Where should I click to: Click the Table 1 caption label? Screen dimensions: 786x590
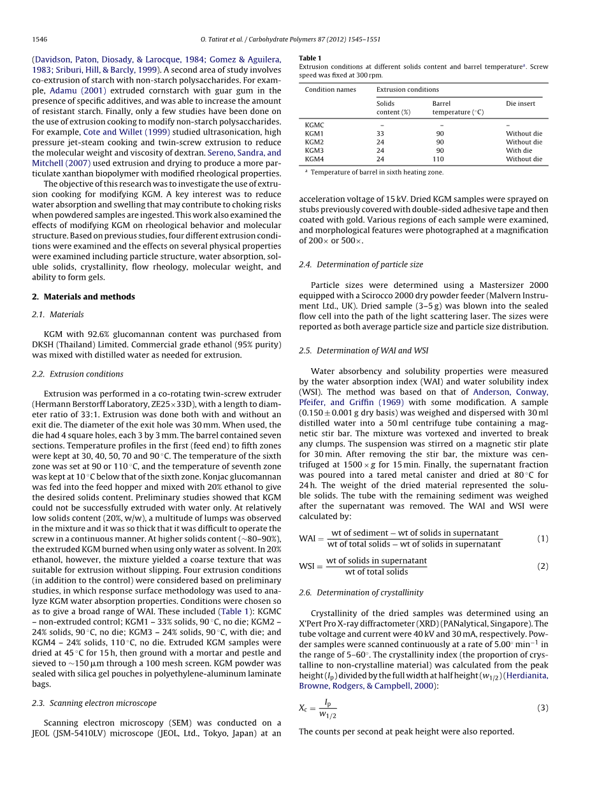coord(310,58)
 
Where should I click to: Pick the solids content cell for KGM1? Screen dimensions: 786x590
coord(380,134)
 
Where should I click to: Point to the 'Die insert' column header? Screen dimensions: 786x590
coord(521,103)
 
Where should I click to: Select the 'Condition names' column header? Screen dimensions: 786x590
coord(330,90)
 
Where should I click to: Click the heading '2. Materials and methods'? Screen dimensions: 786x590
coord(83,297)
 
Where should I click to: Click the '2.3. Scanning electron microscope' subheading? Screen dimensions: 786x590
coord(94,703)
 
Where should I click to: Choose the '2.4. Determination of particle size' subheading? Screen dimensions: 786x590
coord(361,264)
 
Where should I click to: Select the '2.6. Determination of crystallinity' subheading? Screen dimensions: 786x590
coord(361,592)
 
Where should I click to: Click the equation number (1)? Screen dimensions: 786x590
coord(542,539)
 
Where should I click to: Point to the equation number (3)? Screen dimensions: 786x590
coord(542,708)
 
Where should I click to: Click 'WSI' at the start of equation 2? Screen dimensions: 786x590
coord(308,566)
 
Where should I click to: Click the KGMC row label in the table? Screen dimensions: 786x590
coord(315,125)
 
